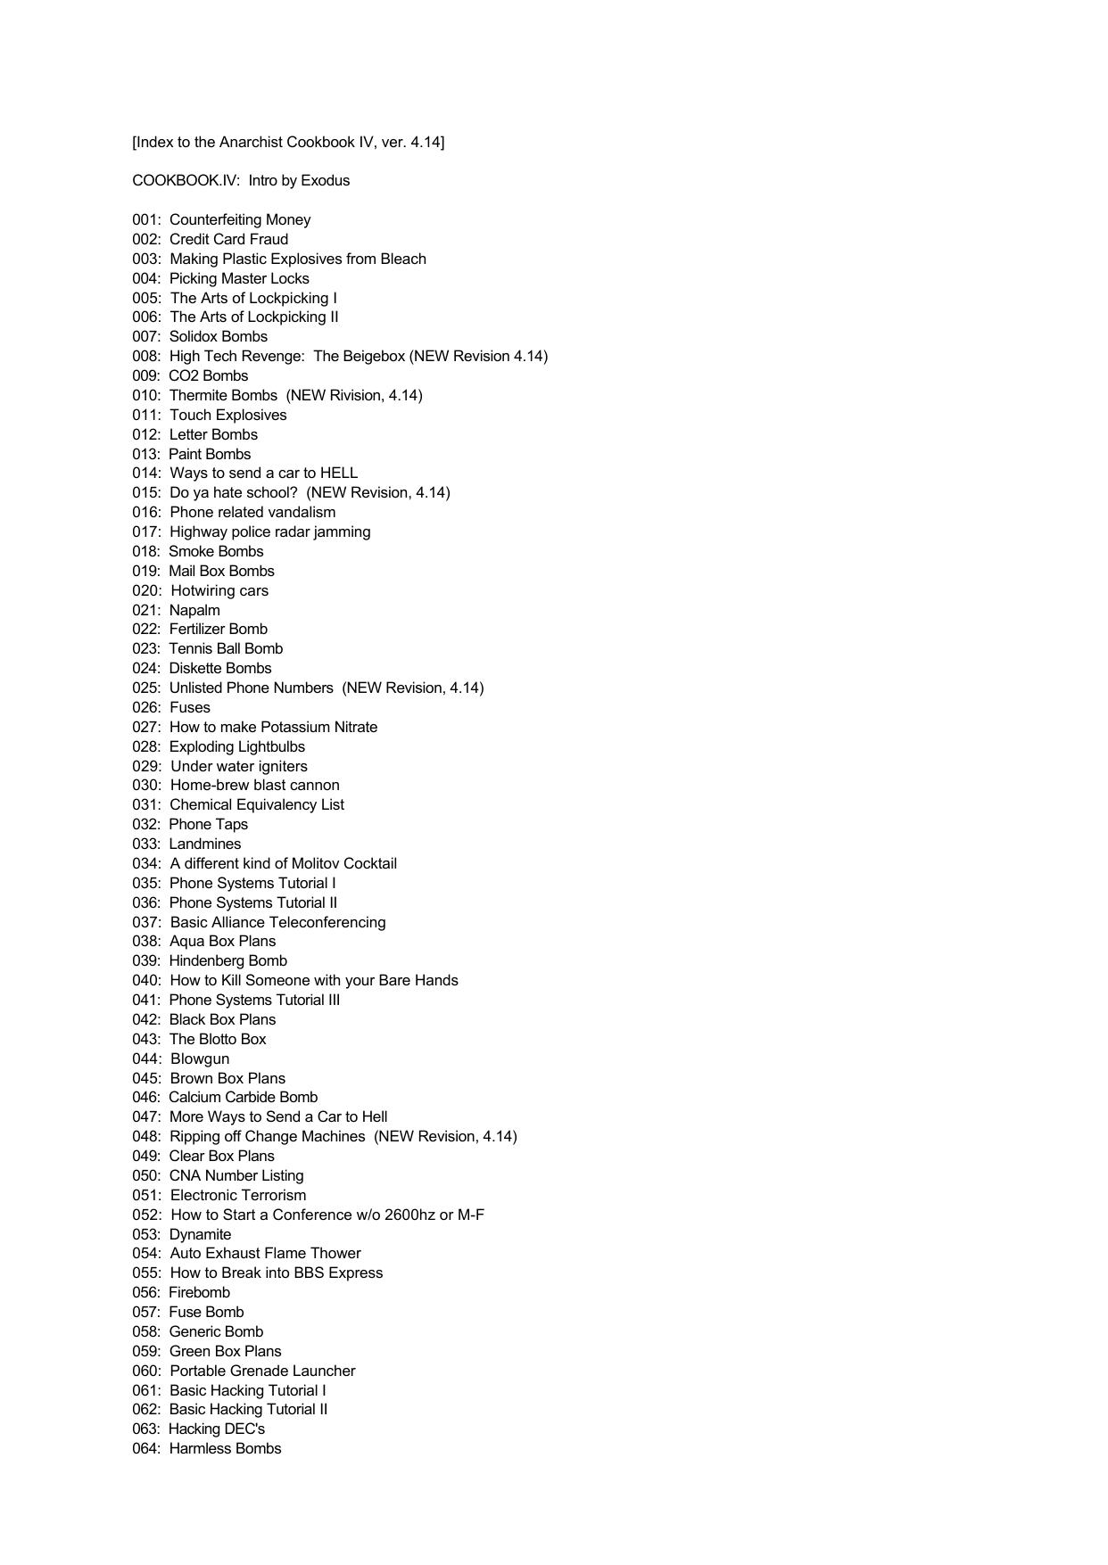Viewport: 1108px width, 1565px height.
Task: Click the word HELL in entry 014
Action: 339,474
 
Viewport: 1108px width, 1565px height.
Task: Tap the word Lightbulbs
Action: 269,747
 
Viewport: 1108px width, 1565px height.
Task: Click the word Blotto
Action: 213,1040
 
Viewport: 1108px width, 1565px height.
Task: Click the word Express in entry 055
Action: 355,1273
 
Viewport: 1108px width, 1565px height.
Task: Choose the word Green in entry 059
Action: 189,1352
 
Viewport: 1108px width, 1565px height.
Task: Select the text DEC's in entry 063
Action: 244,1429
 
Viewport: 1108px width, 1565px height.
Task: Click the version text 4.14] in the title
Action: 427,143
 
